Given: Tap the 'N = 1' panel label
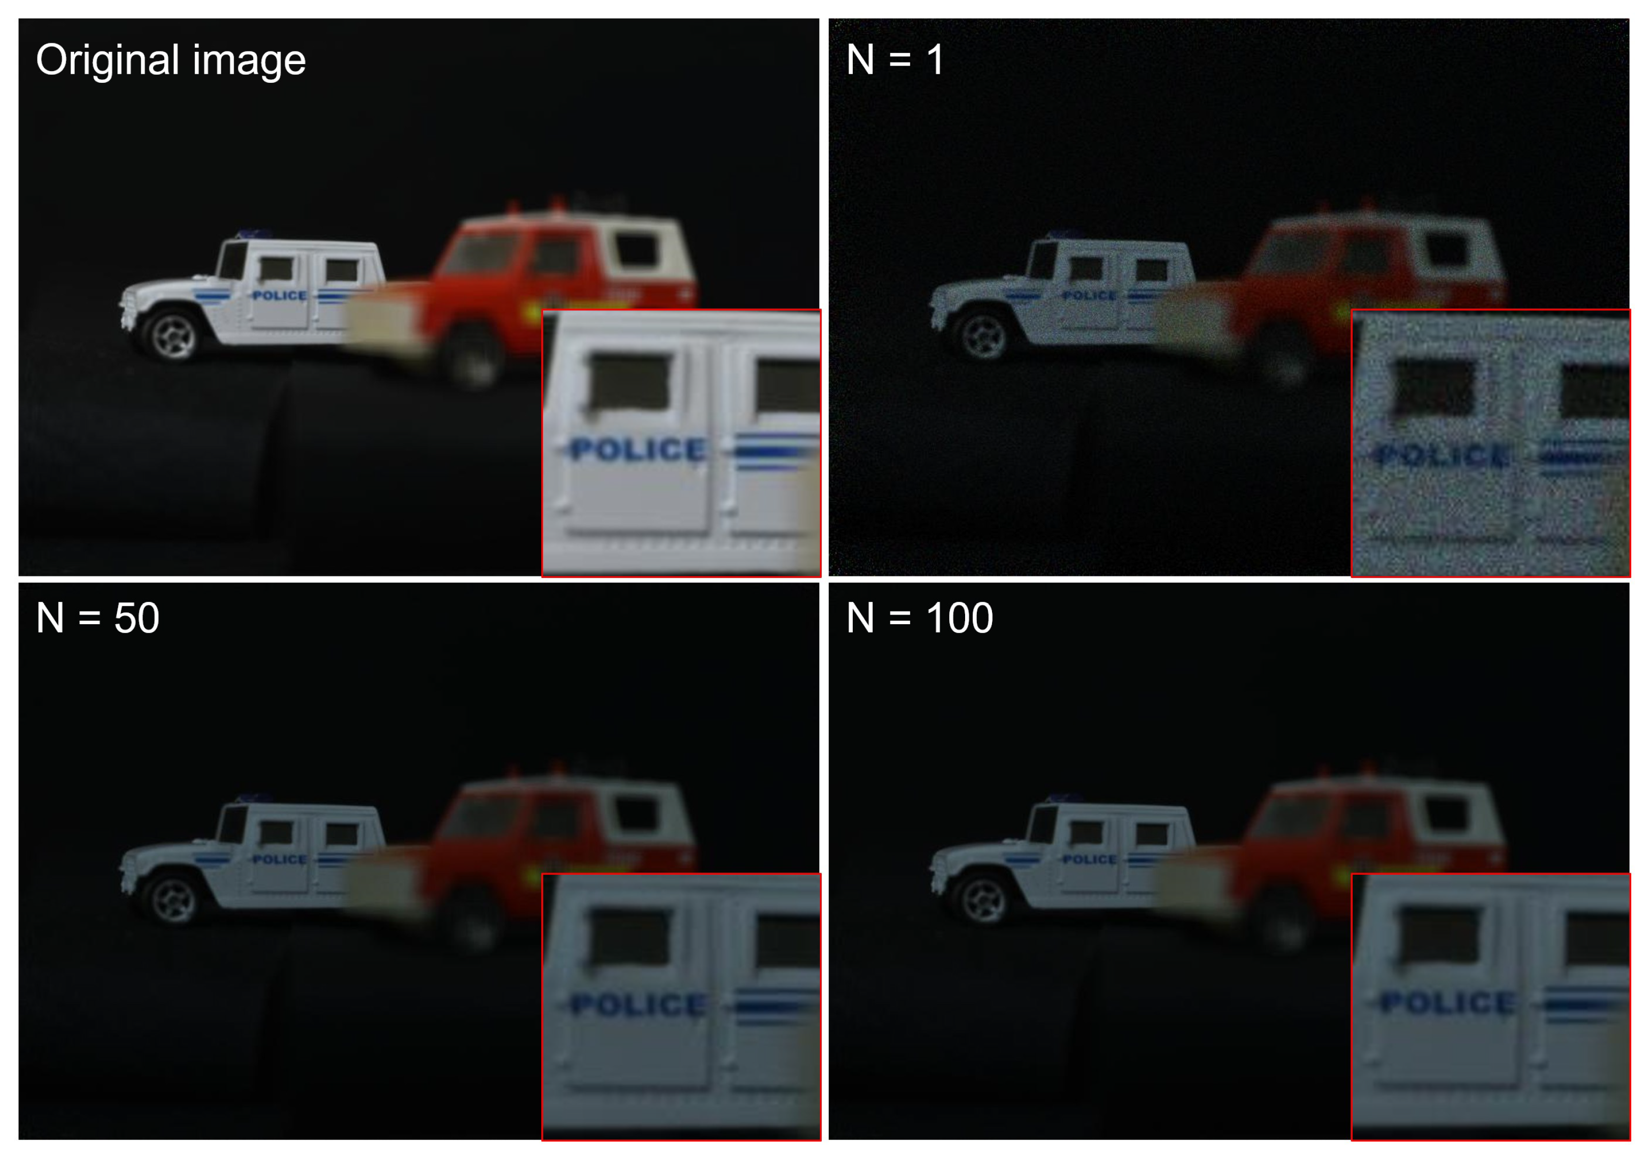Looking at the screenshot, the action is (894, 59).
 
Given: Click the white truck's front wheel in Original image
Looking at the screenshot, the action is (171, 334).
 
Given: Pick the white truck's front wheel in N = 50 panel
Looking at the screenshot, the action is (171, 899).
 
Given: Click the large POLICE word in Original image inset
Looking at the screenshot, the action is (638, 450).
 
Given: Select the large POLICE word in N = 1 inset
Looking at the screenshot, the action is (1443, 455).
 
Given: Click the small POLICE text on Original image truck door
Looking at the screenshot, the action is (279, 296).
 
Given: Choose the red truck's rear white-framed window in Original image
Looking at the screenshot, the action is (637, 250).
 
